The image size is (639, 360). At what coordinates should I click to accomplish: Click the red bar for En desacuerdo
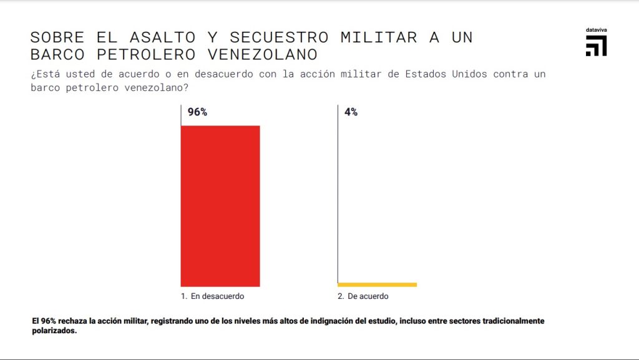220,206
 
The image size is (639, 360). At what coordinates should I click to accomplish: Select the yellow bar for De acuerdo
378,285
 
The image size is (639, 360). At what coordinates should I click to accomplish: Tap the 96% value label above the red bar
197,113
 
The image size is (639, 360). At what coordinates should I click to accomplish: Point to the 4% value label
351,113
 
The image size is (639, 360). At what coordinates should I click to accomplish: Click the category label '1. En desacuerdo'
213,296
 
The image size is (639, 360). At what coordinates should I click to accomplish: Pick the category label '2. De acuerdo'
363,296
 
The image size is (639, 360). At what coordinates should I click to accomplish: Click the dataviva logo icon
596,46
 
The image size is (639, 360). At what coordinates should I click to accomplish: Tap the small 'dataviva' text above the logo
596,30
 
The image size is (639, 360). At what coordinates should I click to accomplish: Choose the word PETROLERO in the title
145,54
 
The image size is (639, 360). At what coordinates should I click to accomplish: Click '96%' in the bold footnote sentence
49,321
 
